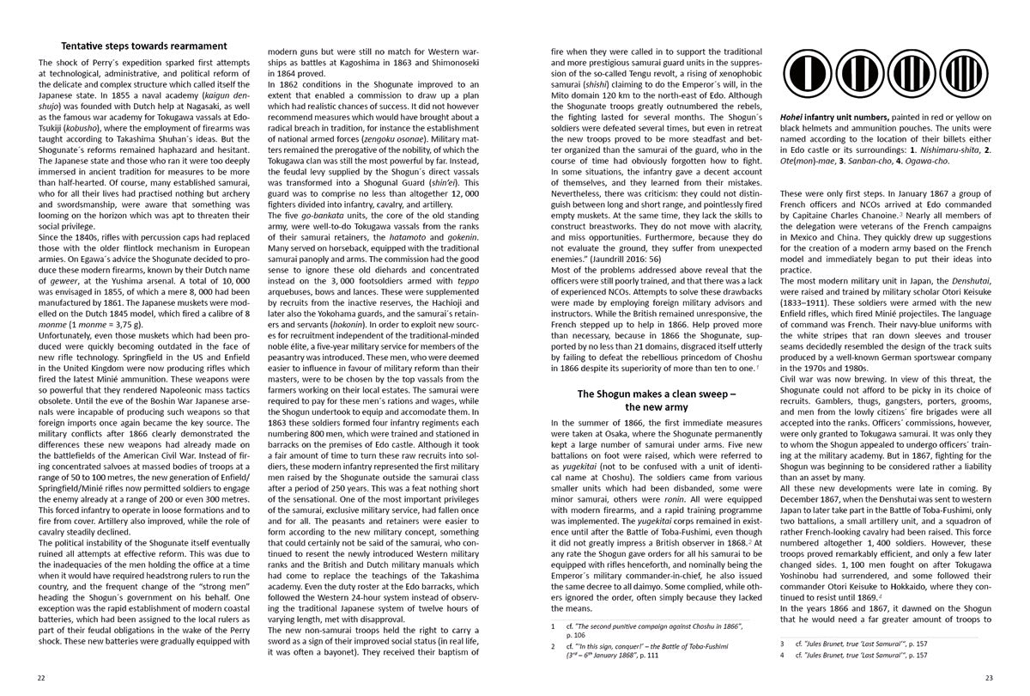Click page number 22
(41, 677)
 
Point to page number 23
(988, 677)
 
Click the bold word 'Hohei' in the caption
(792, 118)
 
